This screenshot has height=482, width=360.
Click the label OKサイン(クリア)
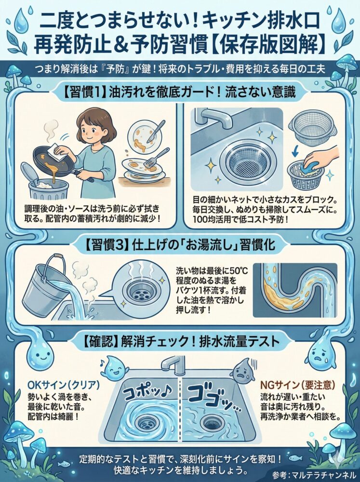(64, 385)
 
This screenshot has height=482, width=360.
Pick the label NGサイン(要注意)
(297, 385)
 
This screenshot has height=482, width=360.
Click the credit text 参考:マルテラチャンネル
(314, 474)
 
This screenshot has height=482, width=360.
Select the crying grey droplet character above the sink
(243, 370)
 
